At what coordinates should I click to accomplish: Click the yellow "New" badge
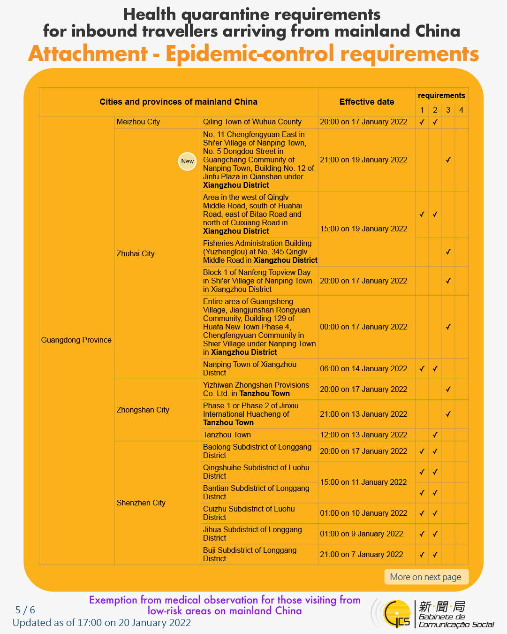coord(187,161)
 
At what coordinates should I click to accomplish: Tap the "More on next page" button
coord(426,577)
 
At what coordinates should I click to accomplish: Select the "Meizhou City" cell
coord(138,122)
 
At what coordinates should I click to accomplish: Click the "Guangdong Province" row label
coord(76,340)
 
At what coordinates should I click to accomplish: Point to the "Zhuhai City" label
coord(136,253)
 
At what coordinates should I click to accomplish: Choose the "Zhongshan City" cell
coord(143,410)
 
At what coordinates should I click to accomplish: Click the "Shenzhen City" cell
coord(141,503)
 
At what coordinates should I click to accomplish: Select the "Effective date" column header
coord(366,102)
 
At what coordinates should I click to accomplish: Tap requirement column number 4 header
coord(461,110)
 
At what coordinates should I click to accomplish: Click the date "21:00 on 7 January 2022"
coord(361,554)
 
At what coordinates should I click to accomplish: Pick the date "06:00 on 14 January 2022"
coord(363,368)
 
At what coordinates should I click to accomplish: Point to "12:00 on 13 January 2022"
coord(363,435)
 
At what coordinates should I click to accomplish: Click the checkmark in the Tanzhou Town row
coord(435,435)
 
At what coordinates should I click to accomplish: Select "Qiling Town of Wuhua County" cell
coord(252,122)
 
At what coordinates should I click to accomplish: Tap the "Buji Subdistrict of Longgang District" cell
coord(250,554)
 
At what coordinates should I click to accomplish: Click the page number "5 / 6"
coord(25,610)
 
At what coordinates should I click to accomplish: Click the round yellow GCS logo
coord(396,613)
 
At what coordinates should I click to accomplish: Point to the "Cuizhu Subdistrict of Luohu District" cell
coord(249,513)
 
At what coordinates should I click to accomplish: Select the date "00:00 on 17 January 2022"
coord(363,327)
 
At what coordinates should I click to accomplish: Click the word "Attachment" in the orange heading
coord(88,53)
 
